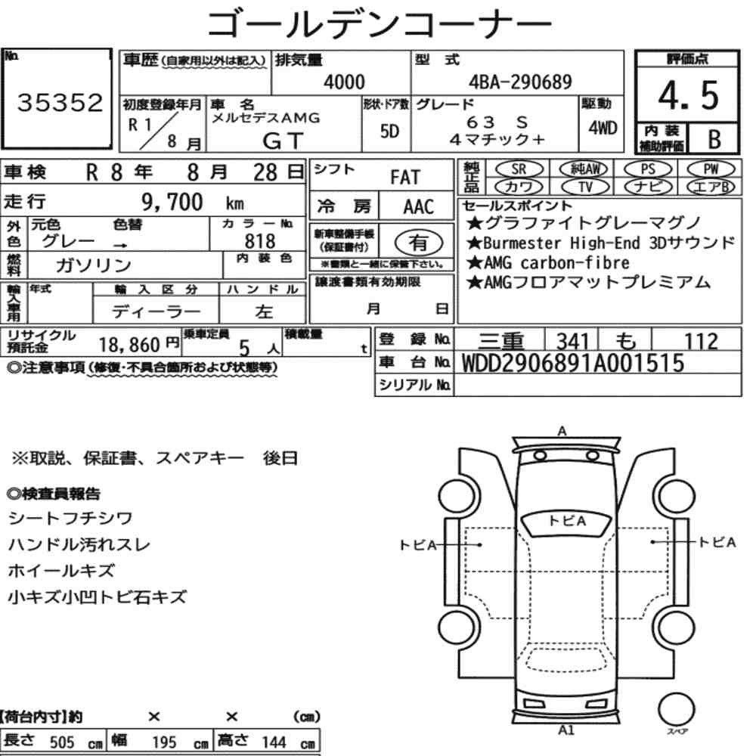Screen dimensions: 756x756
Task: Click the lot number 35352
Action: coord(60,103)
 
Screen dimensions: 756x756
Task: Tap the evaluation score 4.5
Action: coord(688,95)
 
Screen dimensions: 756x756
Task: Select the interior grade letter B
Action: coord(714,139)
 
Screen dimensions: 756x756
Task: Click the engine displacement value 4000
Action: coord(344,82)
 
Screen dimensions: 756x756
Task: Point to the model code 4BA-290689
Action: coord(520,82)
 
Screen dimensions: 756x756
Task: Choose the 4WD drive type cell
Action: coord(603,128)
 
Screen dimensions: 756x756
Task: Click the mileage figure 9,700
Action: coord(172,202)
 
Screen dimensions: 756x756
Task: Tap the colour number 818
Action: coord(260,241)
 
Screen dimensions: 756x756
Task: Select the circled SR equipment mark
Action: coord(519,169)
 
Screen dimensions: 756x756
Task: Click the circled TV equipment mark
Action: coord(585,187)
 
